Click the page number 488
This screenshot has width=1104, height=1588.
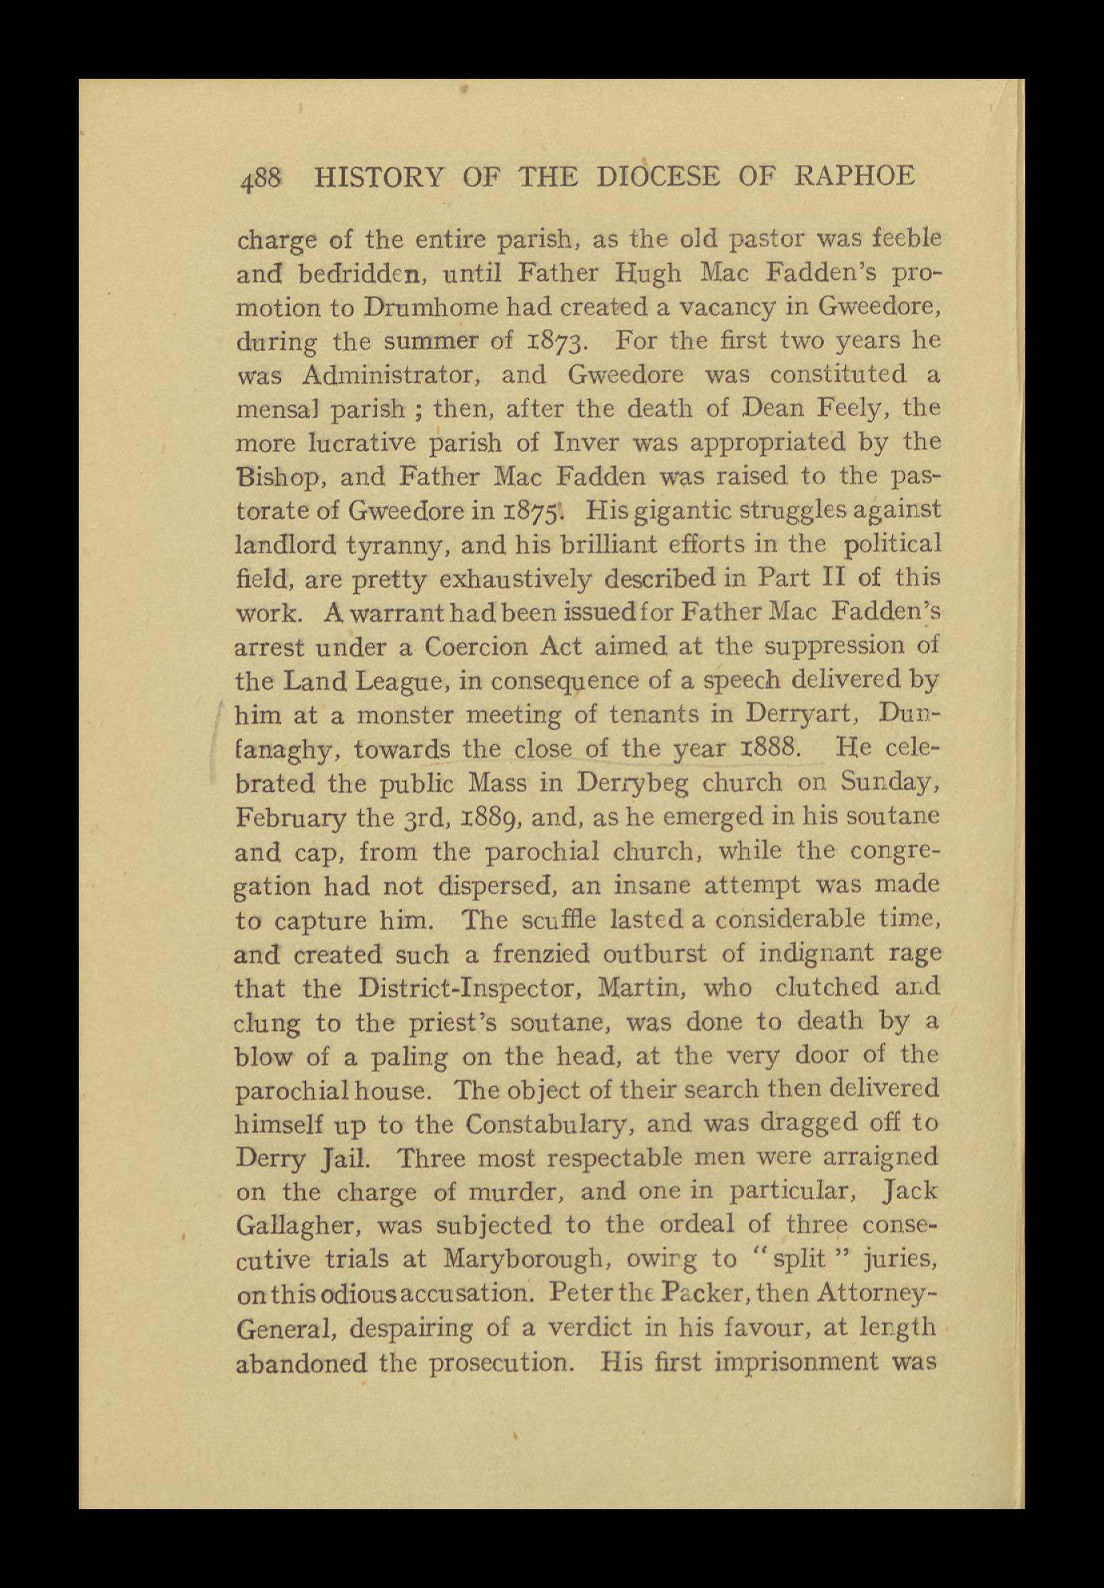point(260,179)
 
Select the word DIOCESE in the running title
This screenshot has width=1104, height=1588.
point(658,176)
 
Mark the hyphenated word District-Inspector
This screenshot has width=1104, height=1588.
point(466,989)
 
